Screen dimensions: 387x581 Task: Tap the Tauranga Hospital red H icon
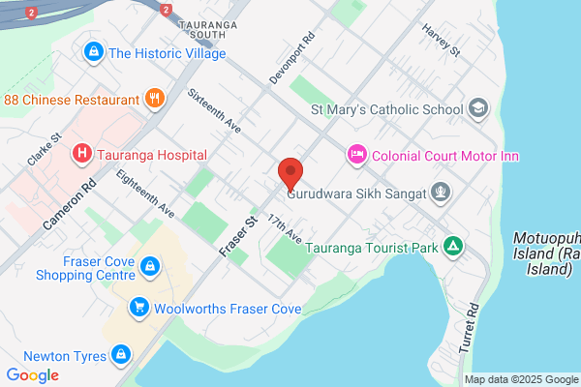(82, 153)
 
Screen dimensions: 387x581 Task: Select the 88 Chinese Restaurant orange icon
(154, 98)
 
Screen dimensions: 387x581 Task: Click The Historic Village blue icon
(94, 51)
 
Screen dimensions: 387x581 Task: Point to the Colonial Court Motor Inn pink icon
(356, 154)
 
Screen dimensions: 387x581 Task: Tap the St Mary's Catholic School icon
(477, 107)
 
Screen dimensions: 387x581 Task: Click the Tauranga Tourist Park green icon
(450, 247)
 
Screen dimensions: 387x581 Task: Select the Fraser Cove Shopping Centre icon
(150, 264)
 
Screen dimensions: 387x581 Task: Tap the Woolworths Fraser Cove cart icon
(140, 308)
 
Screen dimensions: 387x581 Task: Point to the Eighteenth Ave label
(144, 193)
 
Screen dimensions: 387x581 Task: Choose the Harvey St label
(440, 41)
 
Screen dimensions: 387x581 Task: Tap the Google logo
(32, 375)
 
